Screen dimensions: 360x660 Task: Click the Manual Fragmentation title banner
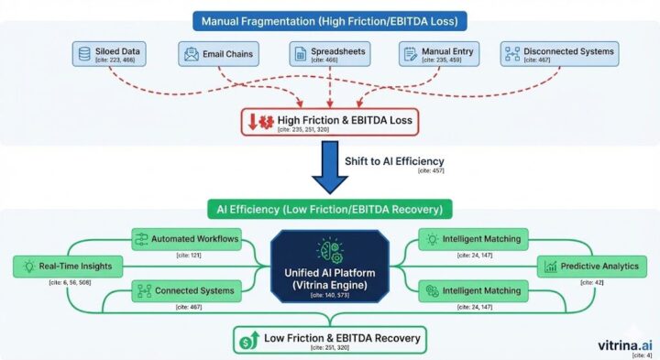pos(330,18)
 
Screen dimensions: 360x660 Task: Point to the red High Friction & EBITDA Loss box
pos(330,122)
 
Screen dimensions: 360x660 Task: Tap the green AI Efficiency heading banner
pos(330,209)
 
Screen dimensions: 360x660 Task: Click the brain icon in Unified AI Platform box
pos(329,247)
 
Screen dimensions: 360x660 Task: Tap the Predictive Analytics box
pos(591,267)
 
